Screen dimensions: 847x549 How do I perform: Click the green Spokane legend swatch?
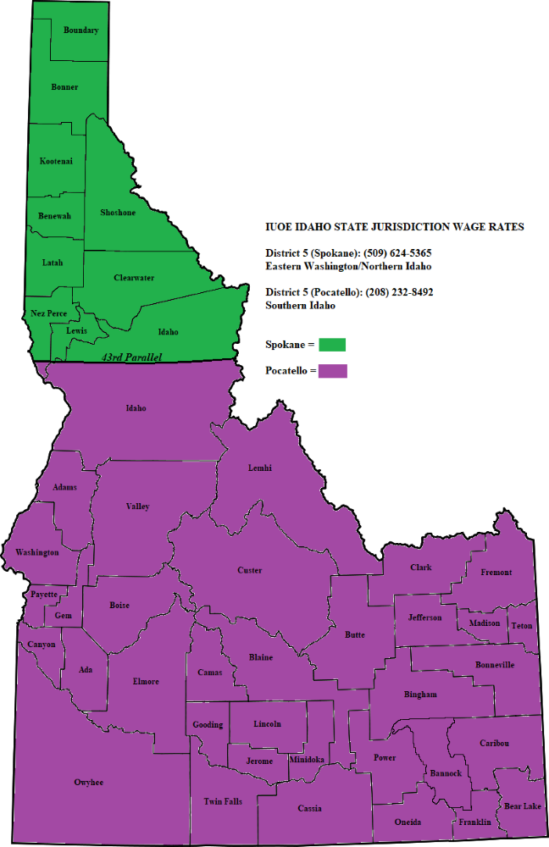pos(333,344)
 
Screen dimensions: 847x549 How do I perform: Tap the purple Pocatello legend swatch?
pos(333,371)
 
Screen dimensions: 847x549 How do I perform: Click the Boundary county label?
pos(81,30)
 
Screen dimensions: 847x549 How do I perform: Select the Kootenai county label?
pos(56,161)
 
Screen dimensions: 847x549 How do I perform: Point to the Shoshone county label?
pos(118,213)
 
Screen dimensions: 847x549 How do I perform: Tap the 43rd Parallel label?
pos(131,357)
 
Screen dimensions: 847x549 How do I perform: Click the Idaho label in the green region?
pos(169,332)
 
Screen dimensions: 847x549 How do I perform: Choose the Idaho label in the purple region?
pos(136,408)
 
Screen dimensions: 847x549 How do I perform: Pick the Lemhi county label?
pos(260,468)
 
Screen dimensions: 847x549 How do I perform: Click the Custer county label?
pos(249,570)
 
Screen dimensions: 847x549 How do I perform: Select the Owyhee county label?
pos(88,783)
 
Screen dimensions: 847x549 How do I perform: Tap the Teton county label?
pos(522,626)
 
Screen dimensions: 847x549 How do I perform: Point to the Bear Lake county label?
pos(522,806)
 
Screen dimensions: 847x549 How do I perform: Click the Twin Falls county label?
pos(223,801)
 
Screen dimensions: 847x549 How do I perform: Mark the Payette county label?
pos(43,595)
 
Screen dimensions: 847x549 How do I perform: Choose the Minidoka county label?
pos(306,760)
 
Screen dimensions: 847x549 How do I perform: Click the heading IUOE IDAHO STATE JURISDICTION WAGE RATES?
pos(394,227)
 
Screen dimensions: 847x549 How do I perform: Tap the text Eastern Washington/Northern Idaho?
pos(349,266)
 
